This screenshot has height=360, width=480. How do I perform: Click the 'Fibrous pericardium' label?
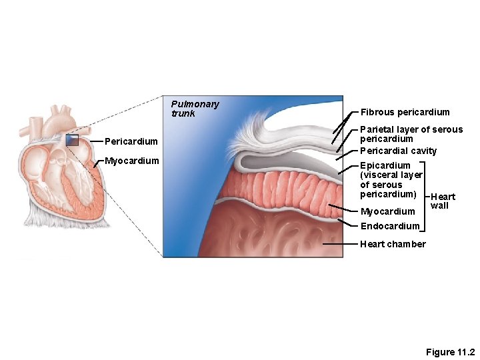point(405,112)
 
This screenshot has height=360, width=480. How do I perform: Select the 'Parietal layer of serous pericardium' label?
point(411,134)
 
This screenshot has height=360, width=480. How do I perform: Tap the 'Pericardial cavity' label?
point(398,151)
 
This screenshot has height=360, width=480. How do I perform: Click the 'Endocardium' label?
point(390,226)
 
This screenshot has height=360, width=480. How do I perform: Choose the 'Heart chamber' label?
point(393,244)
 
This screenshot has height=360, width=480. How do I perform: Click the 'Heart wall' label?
point(443,201)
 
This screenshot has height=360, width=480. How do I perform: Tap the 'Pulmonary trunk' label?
point(195,109)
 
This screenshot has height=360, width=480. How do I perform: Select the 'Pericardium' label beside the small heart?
point(131,141)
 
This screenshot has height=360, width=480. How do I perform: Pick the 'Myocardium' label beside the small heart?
point(132,161)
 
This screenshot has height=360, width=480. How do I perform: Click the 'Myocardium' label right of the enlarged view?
point(387,211)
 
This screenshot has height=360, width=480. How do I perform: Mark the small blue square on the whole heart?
point(72,140)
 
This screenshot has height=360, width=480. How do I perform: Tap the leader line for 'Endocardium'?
point(347,223)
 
